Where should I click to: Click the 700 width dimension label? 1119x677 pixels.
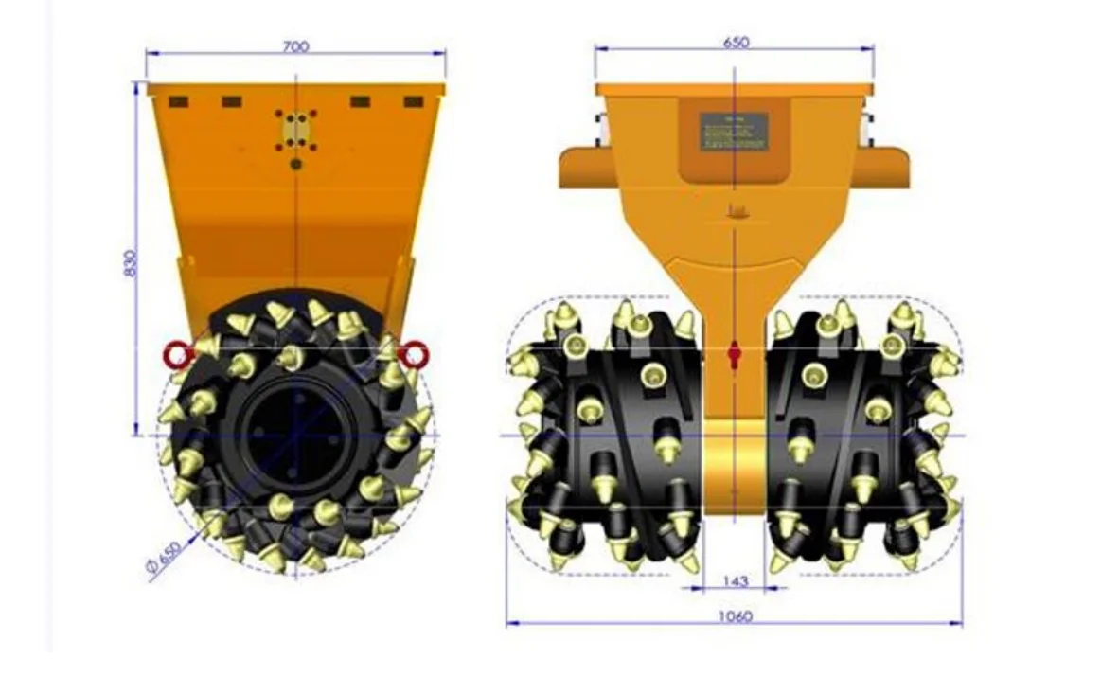click(x=295, y=45)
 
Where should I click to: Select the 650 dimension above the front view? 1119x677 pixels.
click(x=736, y=43)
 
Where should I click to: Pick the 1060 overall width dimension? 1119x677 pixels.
click(x=735, y=616)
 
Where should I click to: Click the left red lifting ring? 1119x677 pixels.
click(x=178, y=355)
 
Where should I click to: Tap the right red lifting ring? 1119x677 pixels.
click(x=413, y=355)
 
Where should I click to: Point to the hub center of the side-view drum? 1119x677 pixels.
click(x=294, y=434)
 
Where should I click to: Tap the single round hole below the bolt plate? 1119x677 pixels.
click(x=296, y=164)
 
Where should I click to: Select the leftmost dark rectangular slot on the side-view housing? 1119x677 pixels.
click(x=180, y=101)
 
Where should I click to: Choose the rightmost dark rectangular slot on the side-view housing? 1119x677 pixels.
click(x=413, y=101)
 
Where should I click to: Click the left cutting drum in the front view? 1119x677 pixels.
click(x=606, y=436)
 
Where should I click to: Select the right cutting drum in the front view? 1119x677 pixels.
click(x=861, y=436)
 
